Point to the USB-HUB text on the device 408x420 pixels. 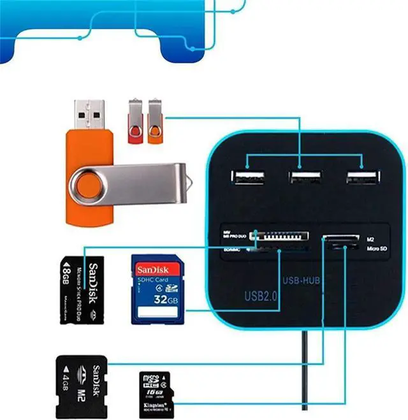coord(300,280)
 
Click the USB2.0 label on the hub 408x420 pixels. coord(260,296)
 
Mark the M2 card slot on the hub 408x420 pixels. coord(340,240)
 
